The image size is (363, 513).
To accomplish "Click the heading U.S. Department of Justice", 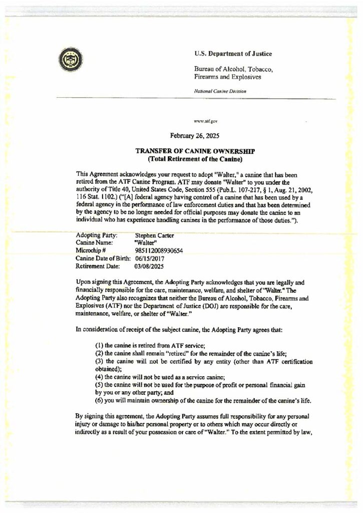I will coord(233,54).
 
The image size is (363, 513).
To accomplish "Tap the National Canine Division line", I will coord(220,91).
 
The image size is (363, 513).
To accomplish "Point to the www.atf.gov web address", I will coord(206,121).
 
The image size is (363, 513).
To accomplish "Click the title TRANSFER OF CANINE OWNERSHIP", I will coord(195,151).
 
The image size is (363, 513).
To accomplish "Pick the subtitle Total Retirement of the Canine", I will coord(195,159).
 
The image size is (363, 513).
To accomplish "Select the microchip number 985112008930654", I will coord(159,250).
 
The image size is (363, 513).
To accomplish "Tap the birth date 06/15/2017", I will coord(150,259).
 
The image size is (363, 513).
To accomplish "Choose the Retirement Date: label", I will coord(97,267).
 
